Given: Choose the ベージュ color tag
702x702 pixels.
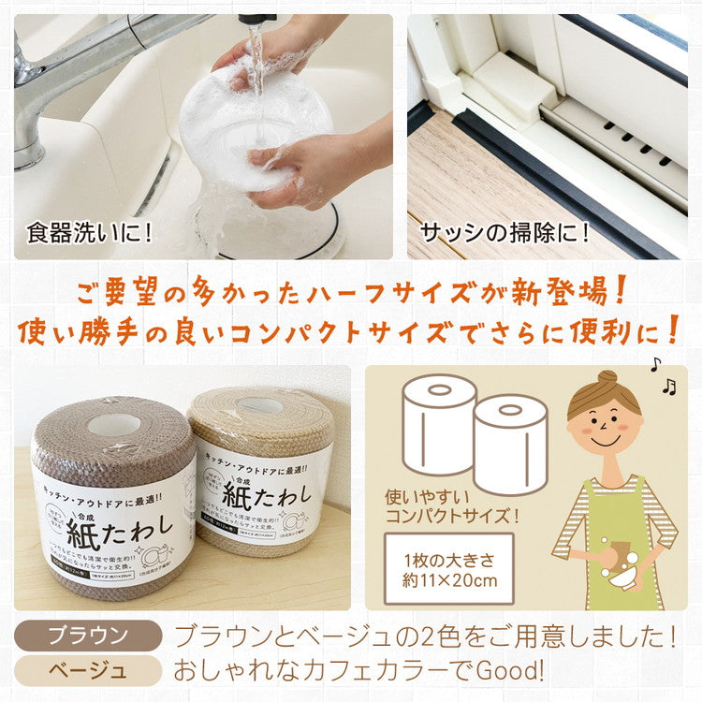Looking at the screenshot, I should (85, 670).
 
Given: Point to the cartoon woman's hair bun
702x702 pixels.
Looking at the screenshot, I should (607, 378).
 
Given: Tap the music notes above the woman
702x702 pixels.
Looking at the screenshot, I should (662, 375).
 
